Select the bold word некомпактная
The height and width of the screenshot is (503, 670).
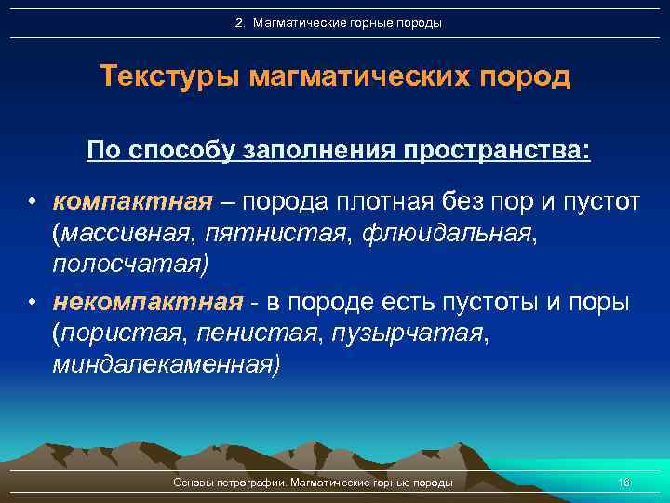click(148, 302)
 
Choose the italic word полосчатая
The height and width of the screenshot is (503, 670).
click(127, 264)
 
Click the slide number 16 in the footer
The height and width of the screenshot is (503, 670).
click(623, 483)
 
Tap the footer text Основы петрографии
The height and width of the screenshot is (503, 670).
click(231, 483)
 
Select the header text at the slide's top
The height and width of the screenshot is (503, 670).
click(338, 22)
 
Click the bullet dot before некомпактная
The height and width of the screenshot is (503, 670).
click(32, 303)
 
